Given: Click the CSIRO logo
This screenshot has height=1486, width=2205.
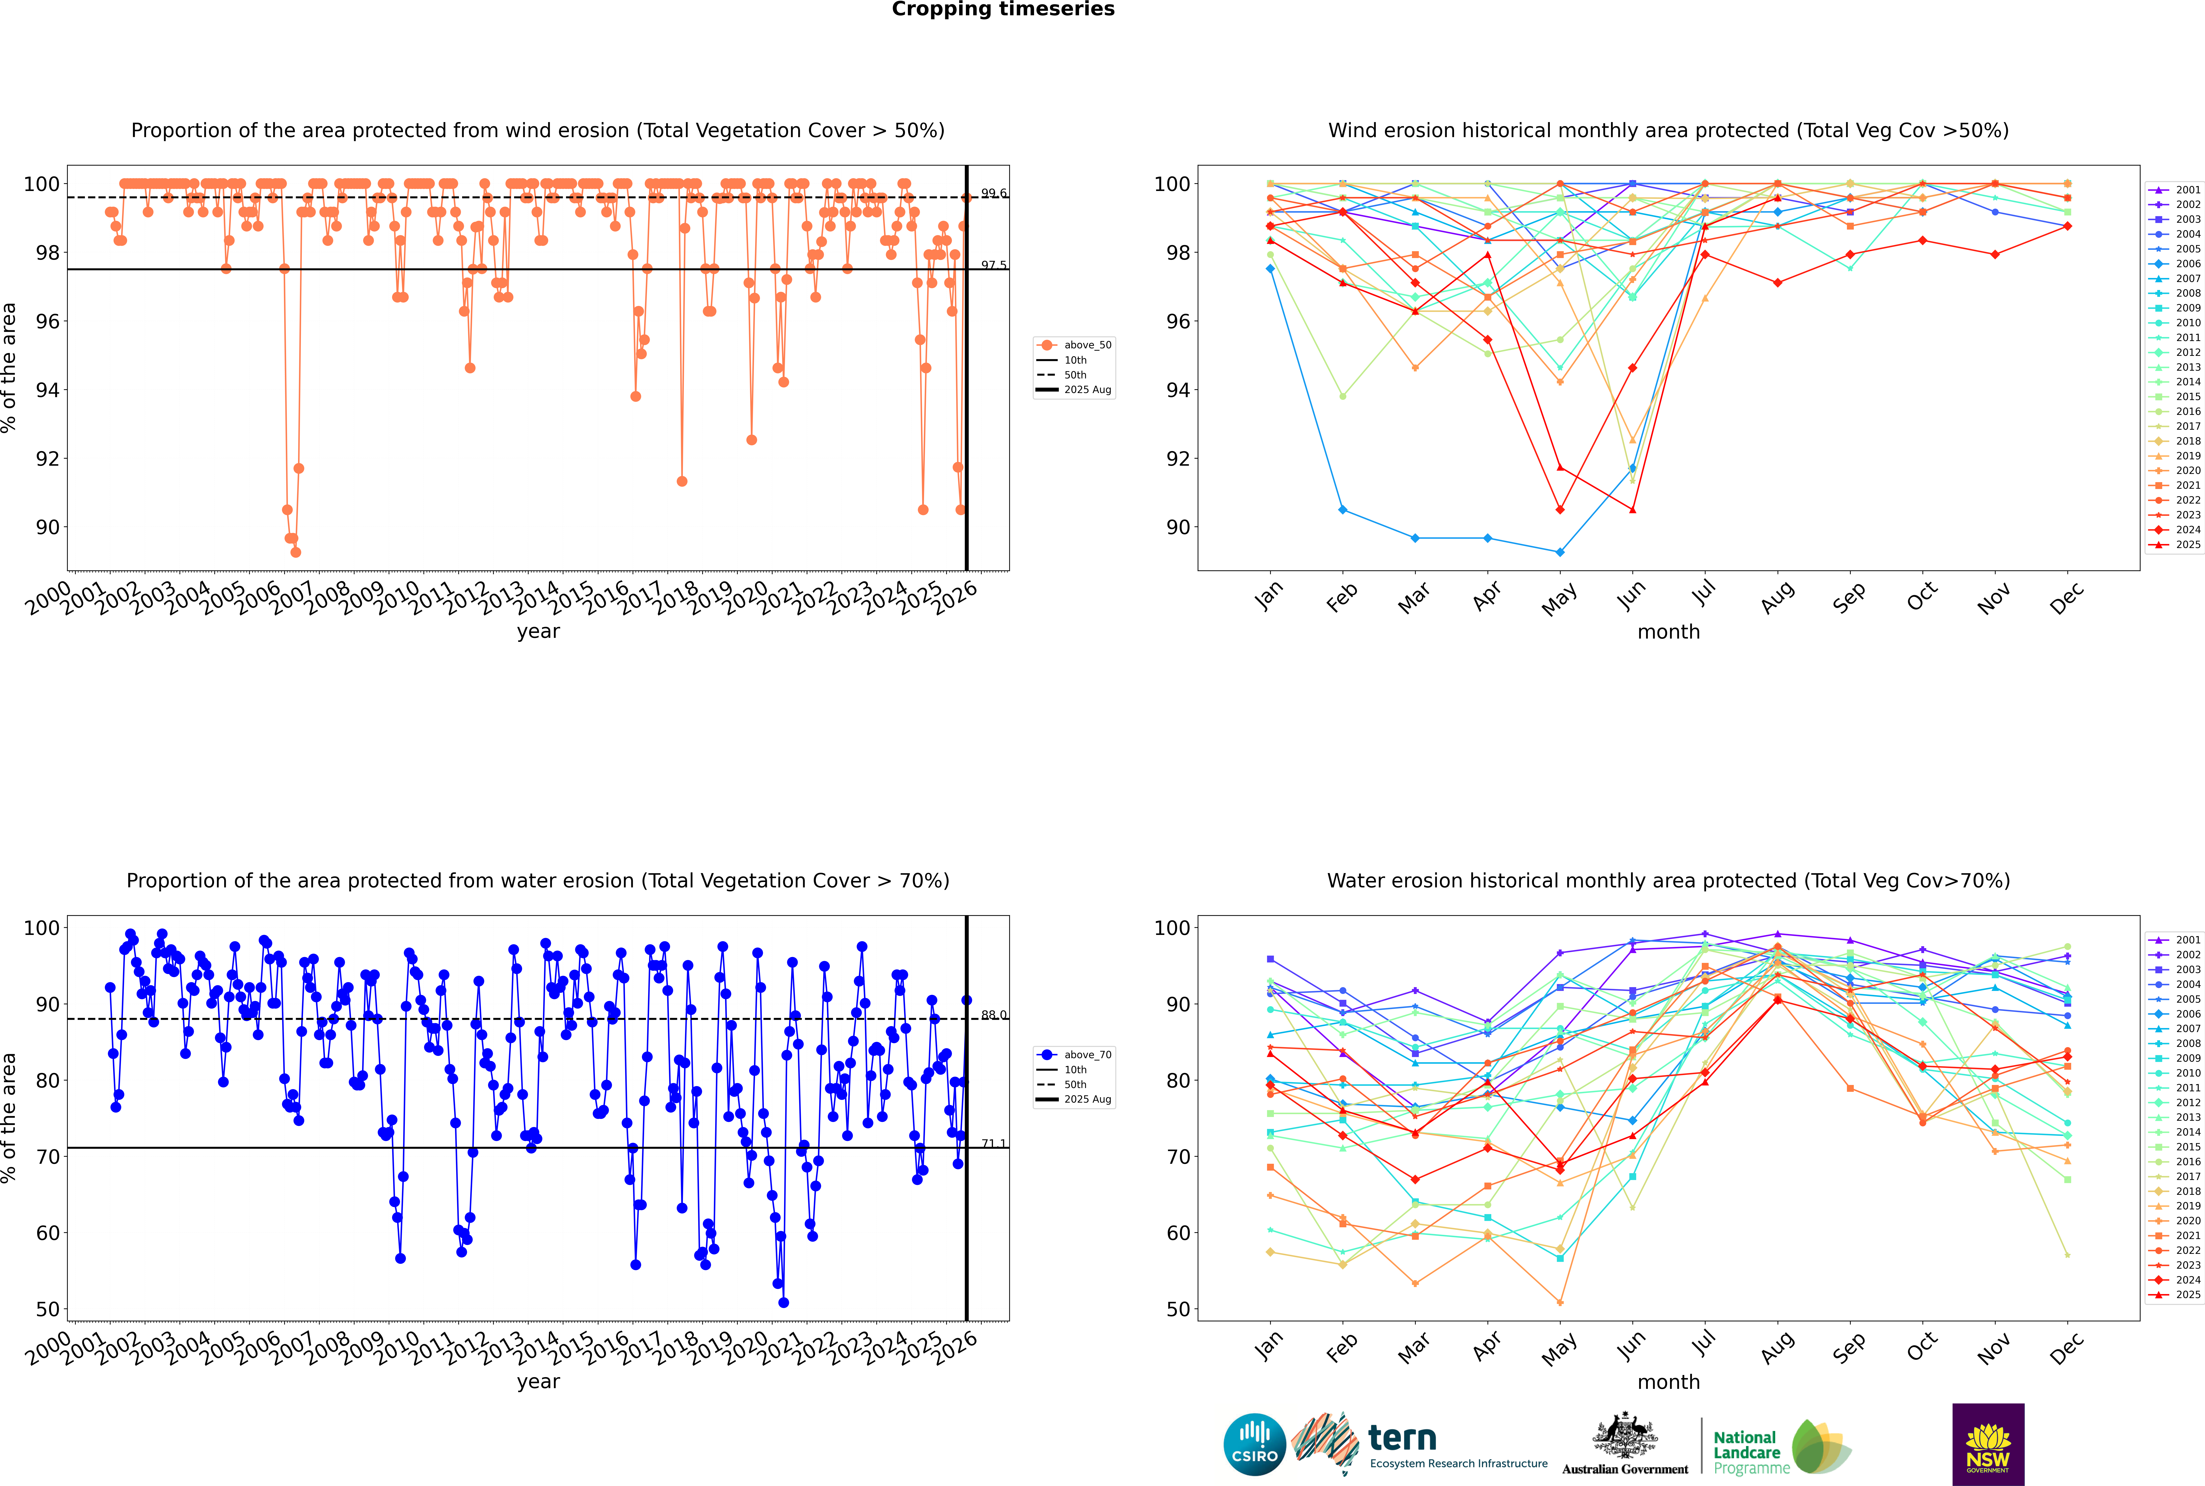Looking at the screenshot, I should [x=1254, y=1444].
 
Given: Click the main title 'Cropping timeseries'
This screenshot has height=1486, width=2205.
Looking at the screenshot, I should [x=1003, y=9].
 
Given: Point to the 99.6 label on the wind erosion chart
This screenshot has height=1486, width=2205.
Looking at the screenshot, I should [x=993, y=193].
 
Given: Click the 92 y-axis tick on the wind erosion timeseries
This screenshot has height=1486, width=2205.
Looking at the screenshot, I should [x=47, y=459].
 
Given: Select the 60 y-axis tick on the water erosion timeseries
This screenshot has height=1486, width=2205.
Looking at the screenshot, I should [x=47, y=1233].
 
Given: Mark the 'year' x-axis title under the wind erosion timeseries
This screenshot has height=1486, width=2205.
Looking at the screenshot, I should [x=538, y=631].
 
